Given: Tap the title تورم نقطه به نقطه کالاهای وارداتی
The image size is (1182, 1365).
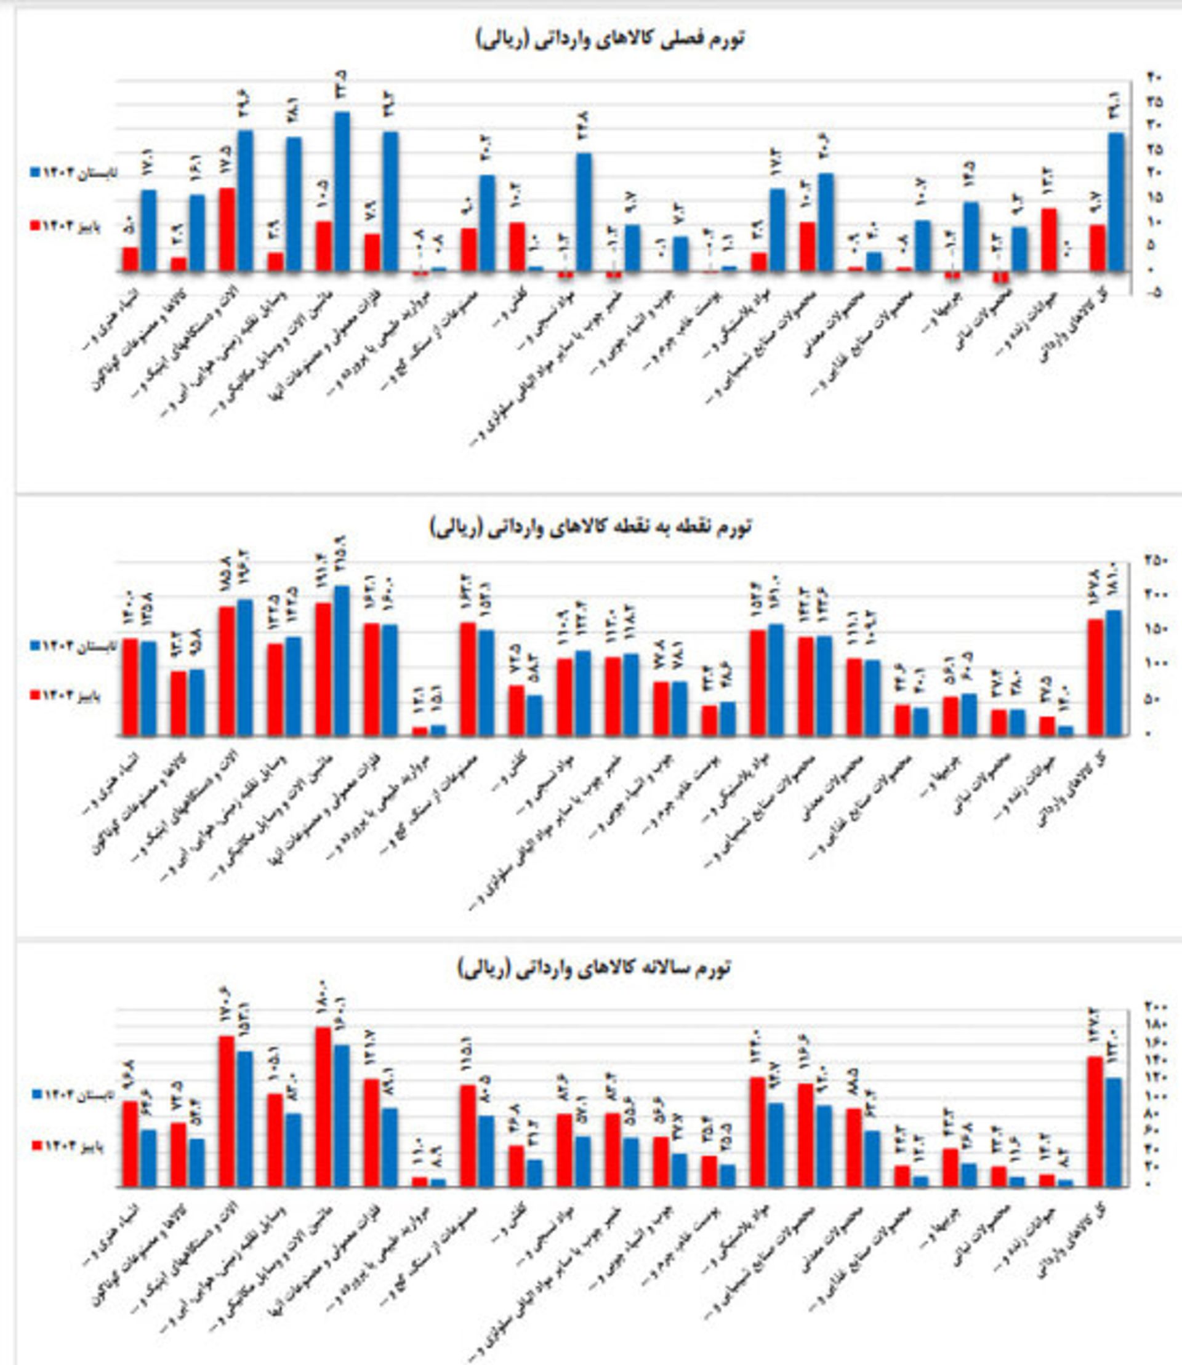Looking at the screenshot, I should pyautogui.click(x=591, y=527).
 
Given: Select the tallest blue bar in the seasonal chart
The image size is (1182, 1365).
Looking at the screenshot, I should pyautogui.click(x=342, y=191).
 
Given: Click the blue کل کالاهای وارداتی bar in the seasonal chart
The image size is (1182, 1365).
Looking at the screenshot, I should pyautogui.click(x=1116, y=202).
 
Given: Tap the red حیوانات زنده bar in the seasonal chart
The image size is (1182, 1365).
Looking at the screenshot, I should pyautogui.click(x=1050, y=240).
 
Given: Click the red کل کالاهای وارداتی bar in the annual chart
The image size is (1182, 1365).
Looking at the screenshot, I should pyautogui.click(x=1095, y=1122).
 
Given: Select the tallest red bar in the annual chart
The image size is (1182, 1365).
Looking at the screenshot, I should pyautogui.click(x=323, y=1107).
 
